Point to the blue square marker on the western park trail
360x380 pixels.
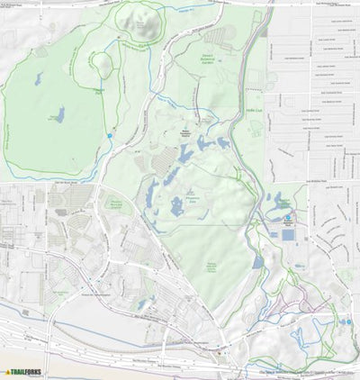pos(109,135)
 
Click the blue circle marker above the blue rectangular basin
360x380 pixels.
pos(288,219)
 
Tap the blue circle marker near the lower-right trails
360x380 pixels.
pos(346,320)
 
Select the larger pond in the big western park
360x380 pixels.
pos(59,114)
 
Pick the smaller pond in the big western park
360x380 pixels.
pos(37,78)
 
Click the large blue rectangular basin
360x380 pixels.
pos(287,234)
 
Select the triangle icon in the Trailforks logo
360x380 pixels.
pos(8,371)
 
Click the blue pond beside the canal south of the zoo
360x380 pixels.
pos(259,262)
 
